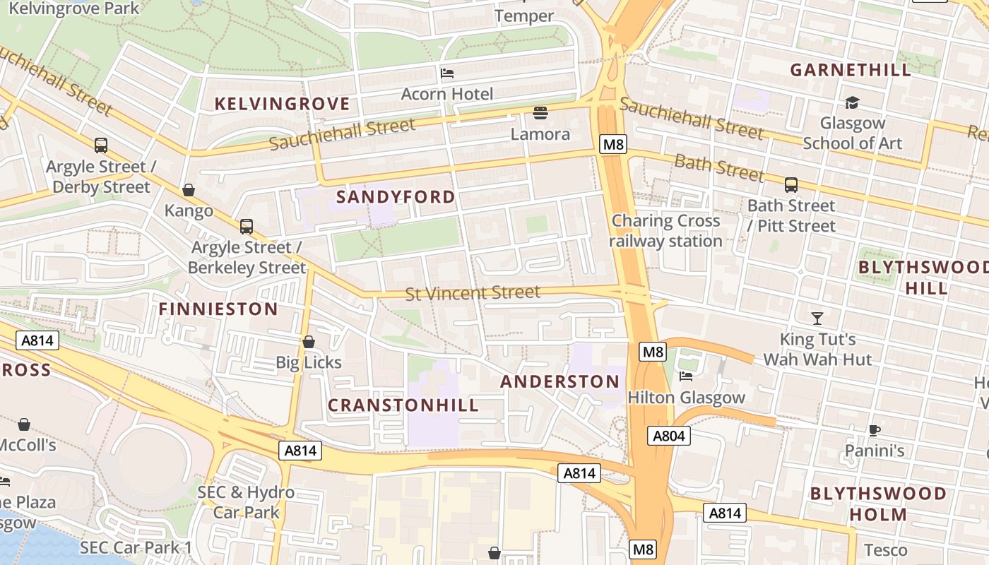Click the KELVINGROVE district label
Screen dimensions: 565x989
pyautogui.click(x=282, y=104)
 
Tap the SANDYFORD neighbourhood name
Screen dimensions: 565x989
pyautogui.click(x=396, y=196)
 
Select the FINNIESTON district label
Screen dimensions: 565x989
pyautogui.click(x=218, y=309)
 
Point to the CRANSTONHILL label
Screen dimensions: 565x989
pyautogui.click(x=403, y=405)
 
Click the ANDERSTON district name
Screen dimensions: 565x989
pyautogui.click(x=559, y=381)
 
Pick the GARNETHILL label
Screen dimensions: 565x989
pyautogui.click(x=851, y=70)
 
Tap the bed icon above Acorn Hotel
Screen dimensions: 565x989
pyautogui.click(x=446, y=73)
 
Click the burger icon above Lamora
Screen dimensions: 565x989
pyautogui.click(x=540, y=113)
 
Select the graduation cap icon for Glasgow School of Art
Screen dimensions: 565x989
pyautogui.click(x=852, y=102)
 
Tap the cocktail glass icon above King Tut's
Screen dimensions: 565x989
pyautogui.click(x=817, y=319)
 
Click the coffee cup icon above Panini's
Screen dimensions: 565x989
pyautogui.click(x=875, y=430)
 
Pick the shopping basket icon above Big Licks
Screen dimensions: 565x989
pyautogui.click(x=309, y=342)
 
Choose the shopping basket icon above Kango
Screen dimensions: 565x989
pyautogui.click(x=189, y=190)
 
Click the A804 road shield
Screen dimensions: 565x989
pyautogui.click(x=668, y=436)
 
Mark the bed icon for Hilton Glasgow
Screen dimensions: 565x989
pyautogui.click(x=685, y=376)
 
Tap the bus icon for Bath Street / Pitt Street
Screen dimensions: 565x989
pyautogui.click(x=790, y=185)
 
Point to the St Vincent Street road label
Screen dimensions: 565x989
pyautogui.click(x=473, y=292)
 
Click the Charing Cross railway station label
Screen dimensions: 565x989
pyautogui.click(x=665, y=231)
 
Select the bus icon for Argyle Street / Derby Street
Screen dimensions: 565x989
pyautogui.click(x=101, y=145)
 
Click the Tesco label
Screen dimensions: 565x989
pyautogui.click(x=885, y=549)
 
